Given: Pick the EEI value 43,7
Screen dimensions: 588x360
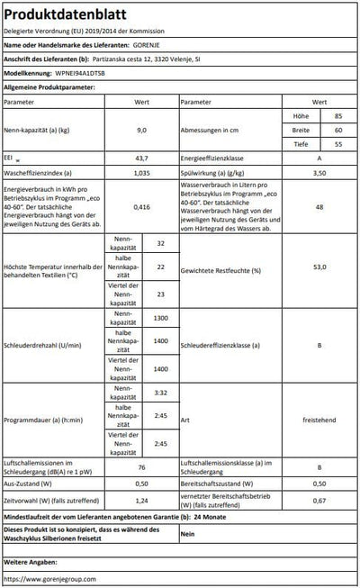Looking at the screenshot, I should (140, 157).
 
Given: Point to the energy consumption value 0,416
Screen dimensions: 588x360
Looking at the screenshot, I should (140, 206).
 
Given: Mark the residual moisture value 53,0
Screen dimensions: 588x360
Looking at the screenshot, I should (318, 269).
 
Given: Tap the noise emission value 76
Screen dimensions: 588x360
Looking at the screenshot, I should (140, 466).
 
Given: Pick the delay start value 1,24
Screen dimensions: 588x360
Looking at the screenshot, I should (140, 500).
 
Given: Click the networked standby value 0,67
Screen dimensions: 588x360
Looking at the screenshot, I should (318, 500).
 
